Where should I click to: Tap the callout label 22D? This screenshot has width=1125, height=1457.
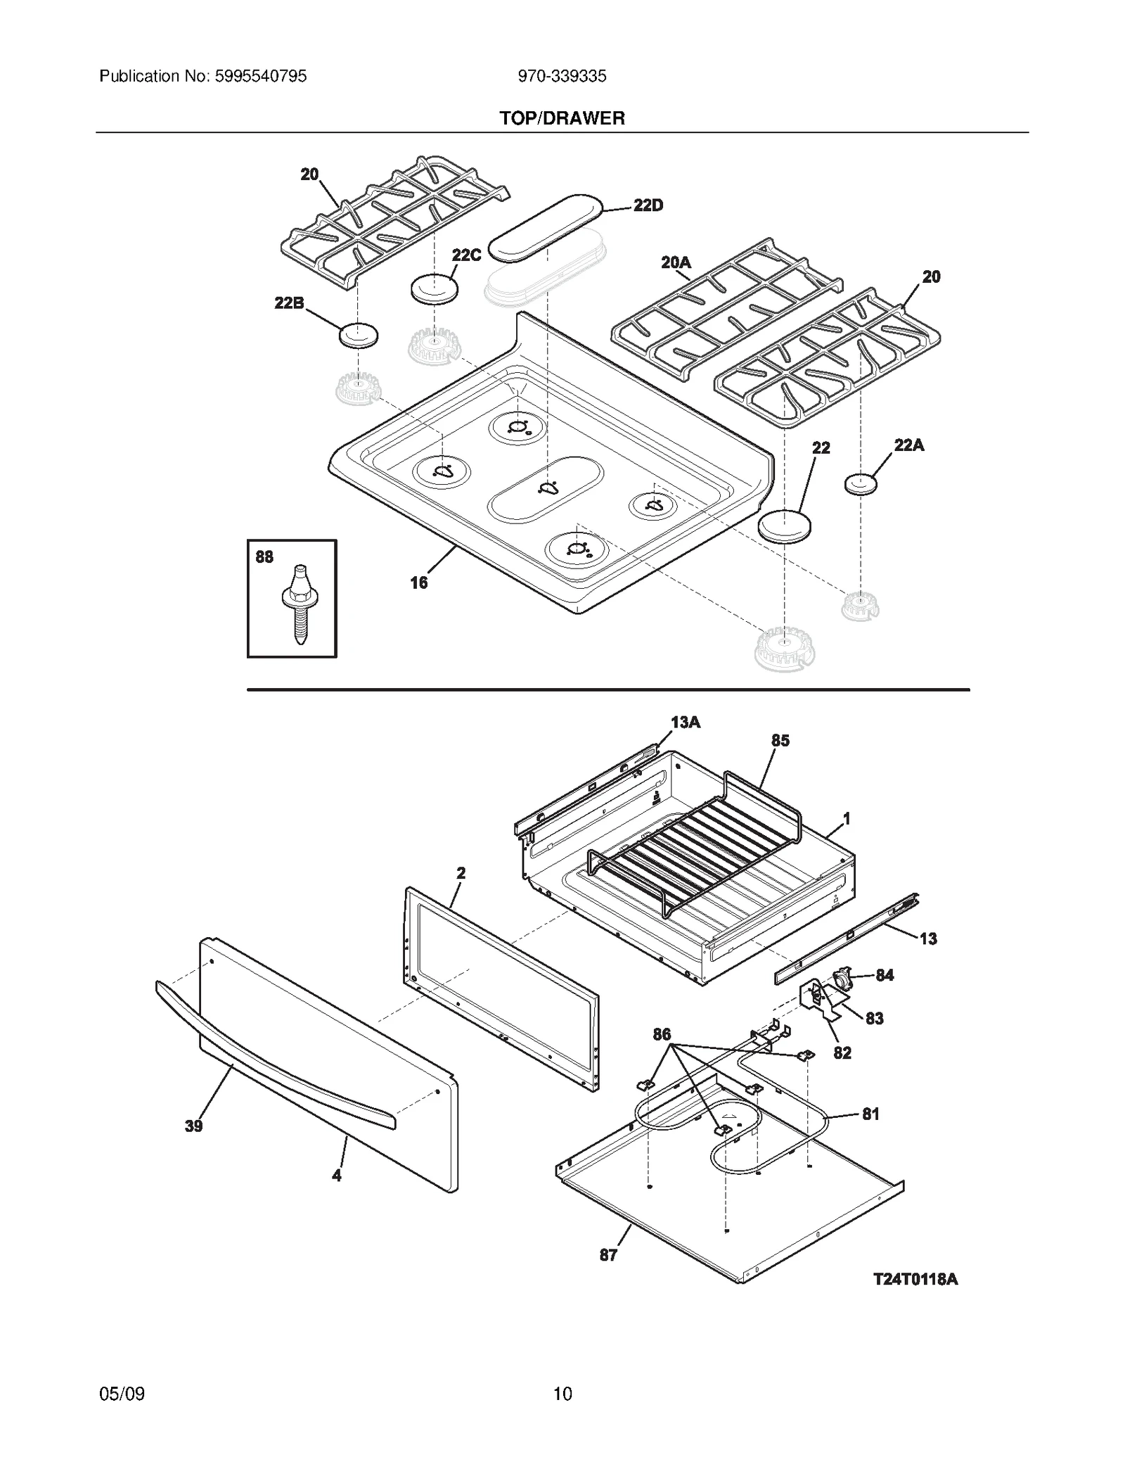coord(648,205)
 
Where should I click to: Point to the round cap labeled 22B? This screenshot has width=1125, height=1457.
coord(359,335)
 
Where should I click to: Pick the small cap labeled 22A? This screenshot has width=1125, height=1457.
coord(861,484)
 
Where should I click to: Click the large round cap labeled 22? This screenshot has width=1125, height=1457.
coord(784,526)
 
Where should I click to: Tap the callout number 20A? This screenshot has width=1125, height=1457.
coord(676,263)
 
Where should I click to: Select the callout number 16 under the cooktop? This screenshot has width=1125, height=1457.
coord(419,583)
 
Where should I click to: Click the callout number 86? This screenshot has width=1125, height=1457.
coord(662,1034)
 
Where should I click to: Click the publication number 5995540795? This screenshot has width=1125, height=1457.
coord(257,76)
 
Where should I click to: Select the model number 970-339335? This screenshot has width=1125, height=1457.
coord(562,76)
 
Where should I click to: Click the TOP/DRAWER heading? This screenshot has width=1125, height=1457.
coord(562,118)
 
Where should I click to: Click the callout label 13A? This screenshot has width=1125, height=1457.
coord(686,723)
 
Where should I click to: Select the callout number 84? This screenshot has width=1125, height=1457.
coord(885,975)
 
